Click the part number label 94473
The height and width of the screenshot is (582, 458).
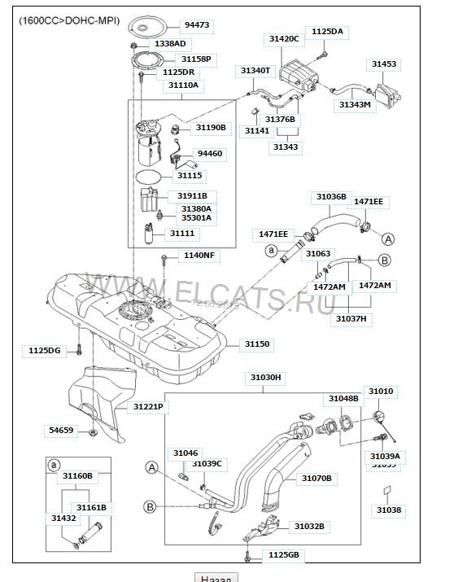click(196, 25)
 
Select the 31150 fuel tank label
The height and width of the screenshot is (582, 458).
click(258, 344)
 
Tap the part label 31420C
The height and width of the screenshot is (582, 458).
click(284, 38)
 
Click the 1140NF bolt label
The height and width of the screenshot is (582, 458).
click(198, 256)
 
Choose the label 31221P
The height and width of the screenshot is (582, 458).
click(148, 405)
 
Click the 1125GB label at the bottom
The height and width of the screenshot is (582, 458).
click(283, 554)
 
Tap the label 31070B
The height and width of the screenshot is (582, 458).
click(316, 478)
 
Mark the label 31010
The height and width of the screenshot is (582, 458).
click(380, 392)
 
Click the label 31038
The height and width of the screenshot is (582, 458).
click(388, 510)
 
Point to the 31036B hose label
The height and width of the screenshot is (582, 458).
click(331, 197)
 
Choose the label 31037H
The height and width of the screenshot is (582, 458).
click(351, 318)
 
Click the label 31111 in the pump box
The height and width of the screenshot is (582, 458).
click(182, 234)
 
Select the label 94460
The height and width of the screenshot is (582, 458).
click(209, 153)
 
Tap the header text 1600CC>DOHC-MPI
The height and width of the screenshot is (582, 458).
click(69, 20)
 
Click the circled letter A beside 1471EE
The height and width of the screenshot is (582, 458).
click(388, 239)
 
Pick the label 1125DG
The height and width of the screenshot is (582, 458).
click(45, 350)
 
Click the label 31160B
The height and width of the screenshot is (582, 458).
click(78, 475)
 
